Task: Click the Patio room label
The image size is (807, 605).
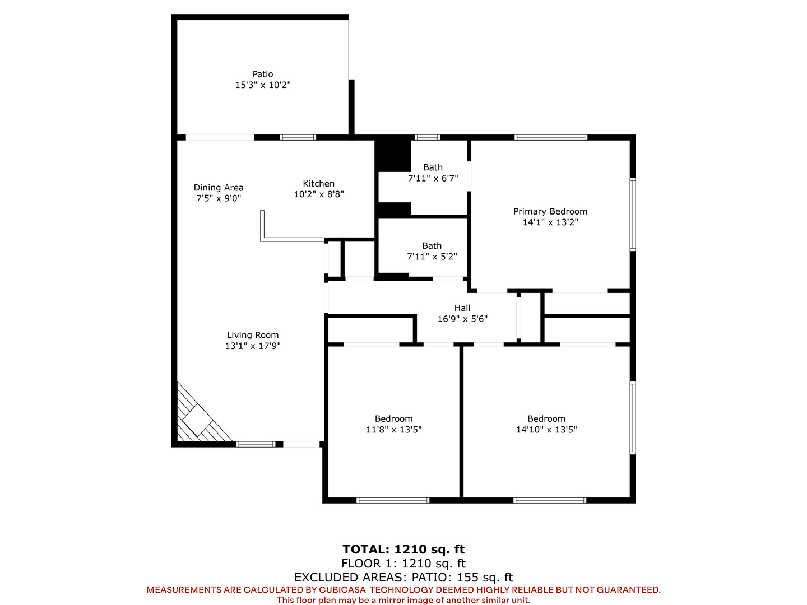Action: coord(262,74)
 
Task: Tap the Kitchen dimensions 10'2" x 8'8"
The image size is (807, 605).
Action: coord(319,194)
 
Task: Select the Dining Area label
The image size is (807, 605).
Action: coord(219,188)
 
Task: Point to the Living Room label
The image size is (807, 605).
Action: coord(253,335)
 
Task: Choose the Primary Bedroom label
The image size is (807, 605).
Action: coord(550,212)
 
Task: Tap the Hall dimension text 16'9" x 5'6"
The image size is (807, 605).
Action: coord(462,319)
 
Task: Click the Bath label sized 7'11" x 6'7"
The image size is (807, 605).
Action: coord(433,167)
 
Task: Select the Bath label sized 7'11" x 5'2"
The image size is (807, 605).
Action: coord(432,246)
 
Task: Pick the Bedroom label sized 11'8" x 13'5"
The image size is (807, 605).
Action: coord(393,419)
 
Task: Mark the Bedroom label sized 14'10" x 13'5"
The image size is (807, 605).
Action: coord(546,419)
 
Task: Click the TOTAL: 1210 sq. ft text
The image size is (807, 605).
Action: coord(403,549)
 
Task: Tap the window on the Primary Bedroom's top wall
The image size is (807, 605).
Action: coord(550,137)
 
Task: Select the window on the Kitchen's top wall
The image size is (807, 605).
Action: coord(298,137)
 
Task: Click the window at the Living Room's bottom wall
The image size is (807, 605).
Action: coord(256,444)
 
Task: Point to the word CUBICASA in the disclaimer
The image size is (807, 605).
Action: coord(342,589)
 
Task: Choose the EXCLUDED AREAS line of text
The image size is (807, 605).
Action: coord(403,577)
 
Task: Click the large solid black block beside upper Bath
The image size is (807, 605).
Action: coord(393,154)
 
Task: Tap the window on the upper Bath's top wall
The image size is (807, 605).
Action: coord(427,137)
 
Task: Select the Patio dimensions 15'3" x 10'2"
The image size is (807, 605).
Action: coord(262,85)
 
